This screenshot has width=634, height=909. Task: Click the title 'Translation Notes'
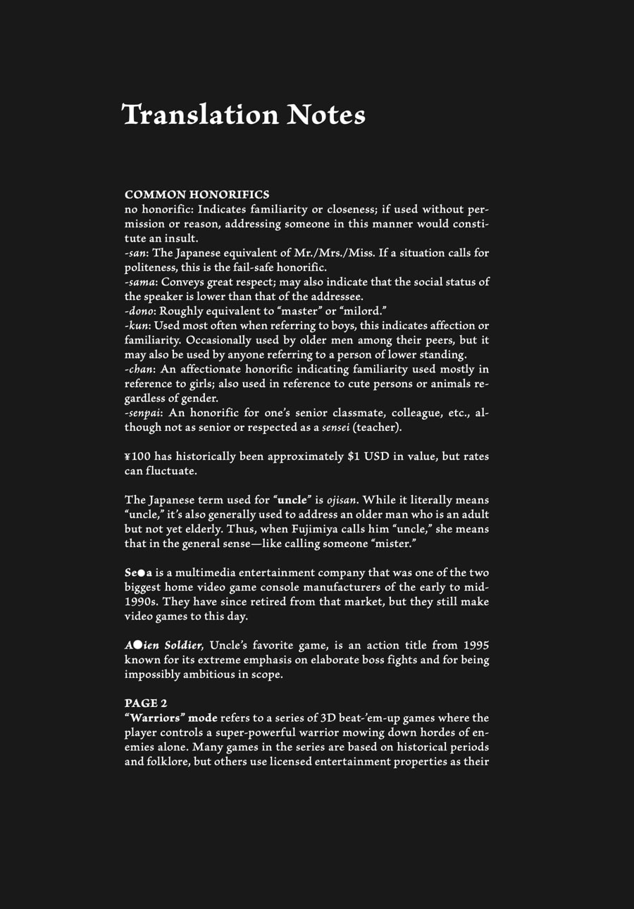[x=244, y=115]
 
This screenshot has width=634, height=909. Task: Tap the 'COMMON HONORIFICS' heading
[x=197, y=194]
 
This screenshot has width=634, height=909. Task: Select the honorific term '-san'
[x=136, y=253]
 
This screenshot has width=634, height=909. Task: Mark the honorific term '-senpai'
[x=143, y=413]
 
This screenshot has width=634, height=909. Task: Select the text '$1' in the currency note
[x=354, y=456]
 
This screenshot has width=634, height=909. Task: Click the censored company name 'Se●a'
[x=139, y=572]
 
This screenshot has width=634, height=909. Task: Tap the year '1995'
[x=475, y=645]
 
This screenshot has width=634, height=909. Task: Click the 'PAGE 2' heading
[x=146, y=703]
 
